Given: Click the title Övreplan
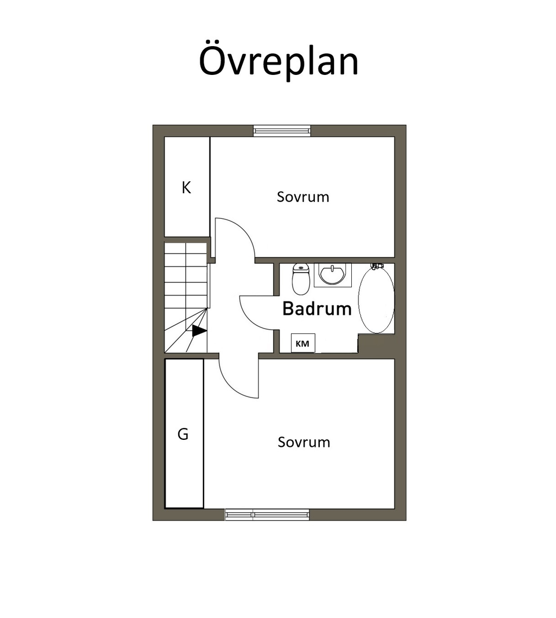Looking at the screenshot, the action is coord(279,60).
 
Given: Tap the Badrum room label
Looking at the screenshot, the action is coord(317,308).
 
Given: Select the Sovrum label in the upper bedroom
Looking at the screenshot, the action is coord(302,197).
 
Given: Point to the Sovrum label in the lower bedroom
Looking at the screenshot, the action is coord(304,442).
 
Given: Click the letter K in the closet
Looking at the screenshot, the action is coord(186,187).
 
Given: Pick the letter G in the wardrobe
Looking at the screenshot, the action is coord(183,434).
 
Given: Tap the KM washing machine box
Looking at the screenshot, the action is coord(302,343).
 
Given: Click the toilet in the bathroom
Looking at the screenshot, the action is coord(301,279).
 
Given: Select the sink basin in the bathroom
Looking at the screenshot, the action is coord(333,275).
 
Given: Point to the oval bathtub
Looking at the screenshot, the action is coord(376,300).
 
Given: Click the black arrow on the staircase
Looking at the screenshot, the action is coord(199,331).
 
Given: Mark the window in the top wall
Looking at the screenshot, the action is coord(282,130).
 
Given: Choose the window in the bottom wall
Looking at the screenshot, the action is coord(267,514).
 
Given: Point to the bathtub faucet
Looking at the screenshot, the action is coord(377,266).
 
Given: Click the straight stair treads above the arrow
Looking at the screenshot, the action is coord(186,275).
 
